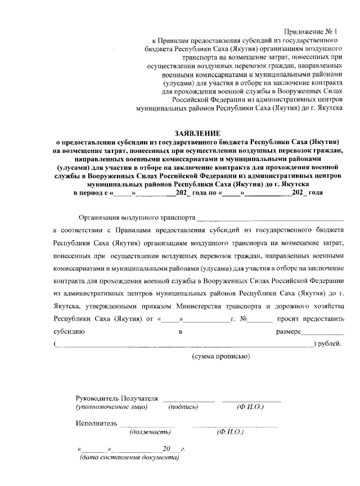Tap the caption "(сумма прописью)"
click(x=219, y=357)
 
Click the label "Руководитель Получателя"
click(x=116, y=398)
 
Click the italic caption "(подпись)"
click(x=183, y=406)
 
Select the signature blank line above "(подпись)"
click(x=189, y=401)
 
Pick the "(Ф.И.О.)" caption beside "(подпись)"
click(x=250, y=406)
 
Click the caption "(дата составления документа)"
click(x=129, y=457)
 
